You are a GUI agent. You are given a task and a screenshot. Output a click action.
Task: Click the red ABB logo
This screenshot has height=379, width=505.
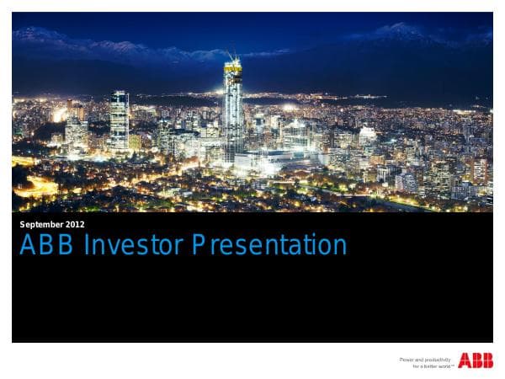click(476, 361)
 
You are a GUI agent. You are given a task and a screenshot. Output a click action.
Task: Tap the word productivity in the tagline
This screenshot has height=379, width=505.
click(438, 360)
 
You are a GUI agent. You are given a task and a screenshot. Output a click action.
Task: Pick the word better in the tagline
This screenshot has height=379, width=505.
click(428, 366)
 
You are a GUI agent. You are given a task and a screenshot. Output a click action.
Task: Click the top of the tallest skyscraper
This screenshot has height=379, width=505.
click(232, 61)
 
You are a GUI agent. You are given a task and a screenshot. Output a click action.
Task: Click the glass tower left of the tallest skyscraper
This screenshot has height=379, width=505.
click(120, 118)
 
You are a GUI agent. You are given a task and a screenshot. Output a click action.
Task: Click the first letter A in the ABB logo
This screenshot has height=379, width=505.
click(464, 361)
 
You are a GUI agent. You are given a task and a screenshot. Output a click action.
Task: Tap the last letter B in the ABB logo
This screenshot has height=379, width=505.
click(487, 361)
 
